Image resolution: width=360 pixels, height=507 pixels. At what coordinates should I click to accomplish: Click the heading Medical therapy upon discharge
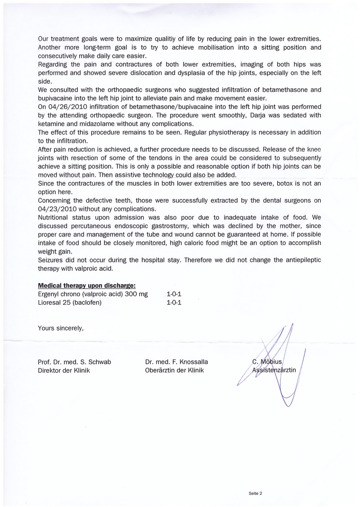(87, 285)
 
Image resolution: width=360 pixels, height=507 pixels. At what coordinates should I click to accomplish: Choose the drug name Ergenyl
(50, 294)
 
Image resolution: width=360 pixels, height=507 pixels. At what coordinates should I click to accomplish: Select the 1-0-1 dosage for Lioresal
(174, 303)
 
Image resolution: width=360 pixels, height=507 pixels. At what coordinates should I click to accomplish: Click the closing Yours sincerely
(61, 328)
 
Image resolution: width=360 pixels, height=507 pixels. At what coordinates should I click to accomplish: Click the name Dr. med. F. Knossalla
(176, 362)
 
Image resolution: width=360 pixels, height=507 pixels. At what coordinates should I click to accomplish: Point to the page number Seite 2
(255, 493)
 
